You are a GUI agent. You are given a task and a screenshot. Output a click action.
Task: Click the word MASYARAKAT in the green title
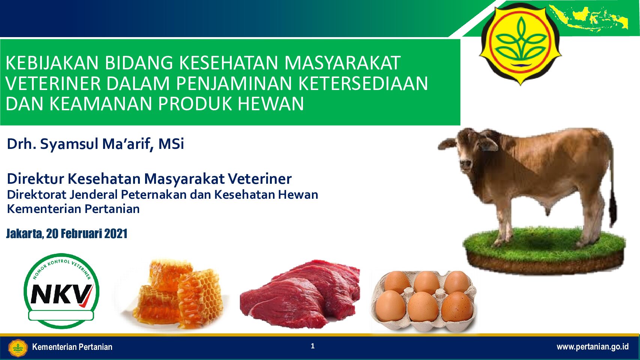342,63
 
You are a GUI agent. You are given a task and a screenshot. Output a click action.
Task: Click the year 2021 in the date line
116,234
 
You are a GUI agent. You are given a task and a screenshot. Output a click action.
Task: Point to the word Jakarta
25,234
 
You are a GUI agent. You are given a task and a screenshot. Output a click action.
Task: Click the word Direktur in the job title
36,179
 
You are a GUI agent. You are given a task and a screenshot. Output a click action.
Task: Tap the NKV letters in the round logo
61,294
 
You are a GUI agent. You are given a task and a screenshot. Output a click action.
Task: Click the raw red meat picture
300,294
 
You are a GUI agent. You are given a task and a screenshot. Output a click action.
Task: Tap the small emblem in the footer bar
18,348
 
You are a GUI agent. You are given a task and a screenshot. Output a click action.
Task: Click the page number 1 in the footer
313,346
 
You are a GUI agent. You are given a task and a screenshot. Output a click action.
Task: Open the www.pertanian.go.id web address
592,347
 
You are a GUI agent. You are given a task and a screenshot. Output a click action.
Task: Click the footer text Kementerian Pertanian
72,347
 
